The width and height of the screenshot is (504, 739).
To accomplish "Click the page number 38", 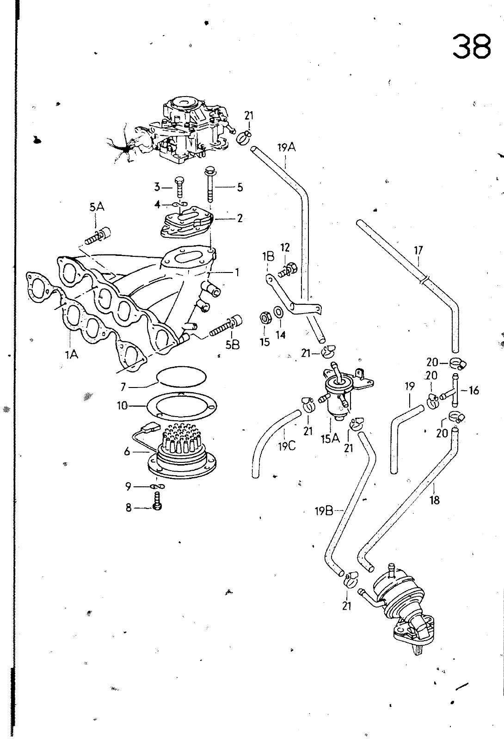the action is [x=472, y=47].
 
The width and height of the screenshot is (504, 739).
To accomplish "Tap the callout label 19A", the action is [x=287, y=147].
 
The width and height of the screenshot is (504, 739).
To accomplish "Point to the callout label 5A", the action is [x=97, y=207].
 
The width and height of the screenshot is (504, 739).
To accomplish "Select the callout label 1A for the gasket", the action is [x=71, y=355].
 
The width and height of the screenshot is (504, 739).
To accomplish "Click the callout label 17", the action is [x=418, y=251].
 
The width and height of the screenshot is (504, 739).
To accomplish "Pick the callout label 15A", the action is [x=330, y=438].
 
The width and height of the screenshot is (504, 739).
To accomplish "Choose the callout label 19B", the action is [x=324, y=512].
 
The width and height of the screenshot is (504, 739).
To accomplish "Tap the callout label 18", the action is [x=435, y=500].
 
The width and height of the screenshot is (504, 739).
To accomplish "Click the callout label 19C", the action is [x=287, y=447].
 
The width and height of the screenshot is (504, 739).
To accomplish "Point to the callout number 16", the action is [x=473, y=391].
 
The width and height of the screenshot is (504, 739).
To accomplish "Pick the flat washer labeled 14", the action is [x=278, y=311].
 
